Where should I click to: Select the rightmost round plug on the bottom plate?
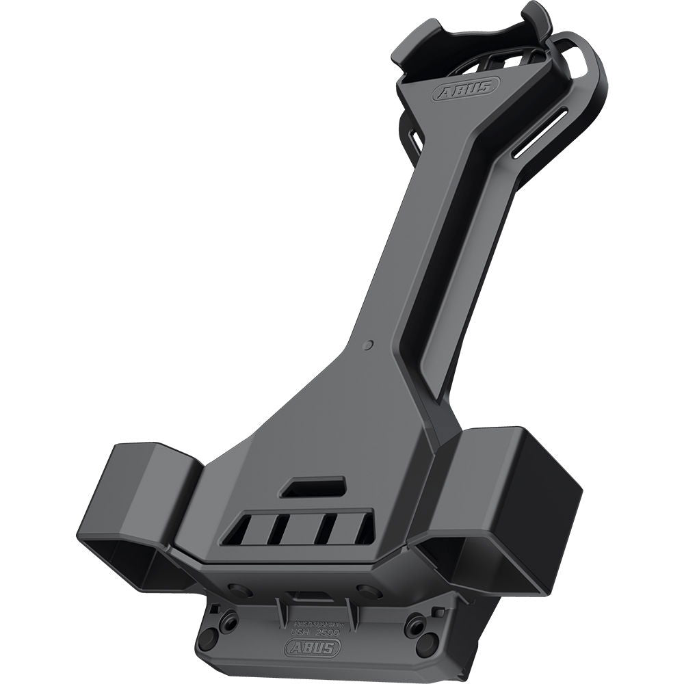pos(427,641)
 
